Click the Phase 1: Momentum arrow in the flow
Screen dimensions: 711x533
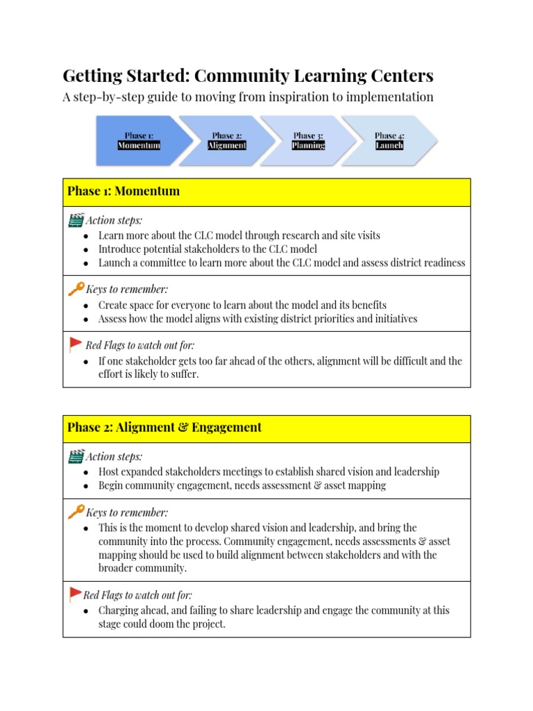click(137, 140)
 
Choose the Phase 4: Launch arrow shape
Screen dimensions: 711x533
click(389, 140)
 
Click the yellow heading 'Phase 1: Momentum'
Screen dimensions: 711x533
click(124, 192)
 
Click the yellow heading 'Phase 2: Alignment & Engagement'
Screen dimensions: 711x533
click(164, 428)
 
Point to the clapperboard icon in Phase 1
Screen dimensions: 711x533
click(76, 221)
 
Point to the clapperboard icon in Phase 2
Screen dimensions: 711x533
click(76, 457)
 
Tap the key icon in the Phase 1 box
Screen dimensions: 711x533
click(76, 289)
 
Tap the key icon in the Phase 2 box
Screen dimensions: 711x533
click(76, 512)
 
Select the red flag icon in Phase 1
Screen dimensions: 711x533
click(76, 344)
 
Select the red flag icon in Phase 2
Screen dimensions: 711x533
click(75, 594)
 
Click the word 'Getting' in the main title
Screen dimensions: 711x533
click(90, 75)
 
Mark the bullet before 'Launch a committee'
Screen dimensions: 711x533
click(85, 264)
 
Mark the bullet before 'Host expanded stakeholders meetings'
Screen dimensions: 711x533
click(85, 473)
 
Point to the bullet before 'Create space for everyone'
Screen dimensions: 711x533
click(85, 306)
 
